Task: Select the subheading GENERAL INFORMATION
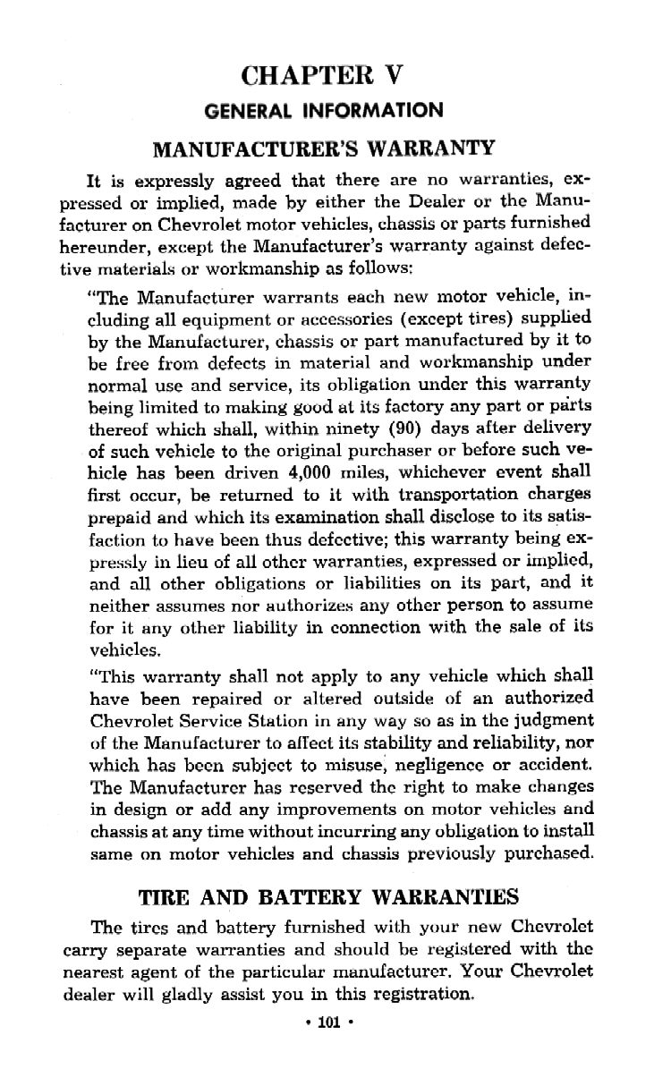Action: click(x=324, y=111)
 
